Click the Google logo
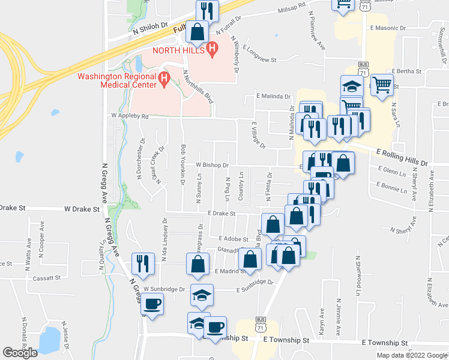(20, 353)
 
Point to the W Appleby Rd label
(129, 116)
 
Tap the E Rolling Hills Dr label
(403, 158)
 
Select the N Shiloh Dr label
(149, 27)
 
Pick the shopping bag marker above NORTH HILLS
(197, 31)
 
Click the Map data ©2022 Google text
(411, 355)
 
